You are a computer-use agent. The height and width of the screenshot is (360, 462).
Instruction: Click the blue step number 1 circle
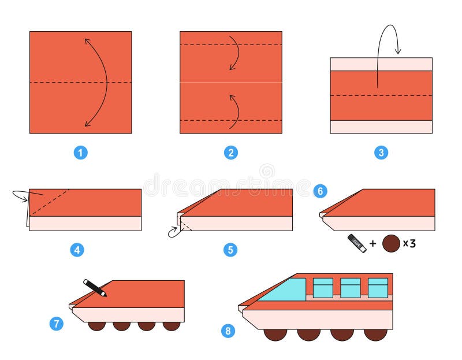pyautogui.click(x=81, y=153)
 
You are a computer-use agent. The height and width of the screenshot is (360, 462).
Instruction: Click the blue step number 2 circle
pyautogui.click(x=231, y=153)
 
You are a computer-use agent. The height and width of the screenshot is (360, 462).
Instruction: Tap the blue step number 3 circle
pyautogui.click(x=381, y=153)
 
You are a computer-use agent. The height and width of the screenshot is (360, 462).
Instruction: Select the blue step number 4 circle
pyautogui.click(x=77, y=250)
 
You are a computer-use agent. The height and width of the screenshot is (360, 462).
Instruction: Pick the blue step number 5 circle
pyautogui.click(x=230, y=250)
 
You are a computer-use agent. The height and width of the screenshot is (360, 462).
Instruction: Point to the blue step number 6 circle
pyautogui.click(x=320, y=190)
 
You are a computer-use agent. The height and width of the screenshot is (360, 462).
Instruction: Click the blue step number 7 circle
pyautogui.click(x=56, y=324)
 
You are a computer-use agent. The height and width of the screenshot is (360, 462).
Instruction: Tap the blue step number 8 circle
pyautogui.click(x=228, y=331)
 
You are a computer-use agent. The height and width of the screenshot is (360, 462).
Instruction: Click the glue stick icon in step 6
pyautogui.click(x=356, y=243)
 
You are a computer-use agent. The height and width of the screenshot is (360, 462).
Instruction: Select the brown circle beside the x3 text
pyautogui.click(x=391, y=243)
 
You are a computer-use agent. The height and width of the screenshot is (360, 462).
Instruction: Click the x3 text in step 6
pyautogui.click(x=409, y=243)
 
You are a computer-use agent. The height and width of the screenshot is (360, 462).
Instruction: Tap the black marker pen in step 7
pyautogui.click(x=95, y=288)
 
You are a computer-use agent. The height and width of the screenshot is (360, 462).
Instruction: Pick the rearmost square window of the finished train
pyautogui.click(x=378, y=288)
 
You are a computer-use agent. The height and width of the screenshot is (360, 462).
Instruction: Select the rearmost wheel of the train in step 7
pyautogui.click(x=172, y=325)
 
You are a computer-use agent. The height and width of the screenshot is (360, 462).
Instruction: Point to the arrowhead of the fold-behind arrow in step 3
pyautogui.click(x=398, y=52)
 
